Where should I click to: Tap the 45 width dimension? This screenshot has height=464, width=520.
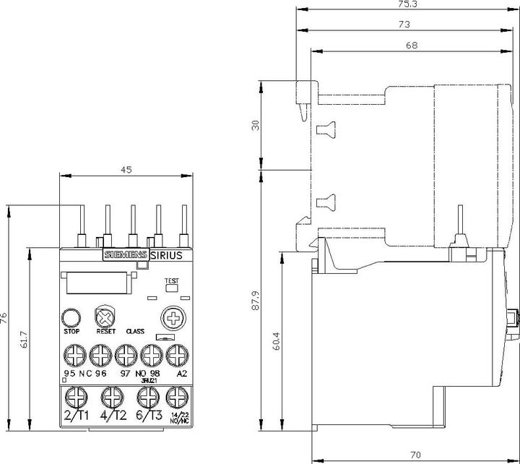[126, 170]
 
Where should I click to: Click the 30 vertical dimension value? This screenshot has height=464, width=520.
[254, 125]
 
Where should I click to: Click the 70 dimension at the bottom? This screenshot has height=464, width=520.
[415, 455]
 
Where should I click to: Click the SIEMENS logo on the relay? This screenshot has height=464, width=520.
[126, 255]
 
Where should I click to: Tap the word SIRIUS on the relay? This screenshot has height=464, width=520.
[167, 255]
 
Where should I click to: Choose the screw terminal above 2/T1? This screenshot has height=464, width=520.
[75, 397]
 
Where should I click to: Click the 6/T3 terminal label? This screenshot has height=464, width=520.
[148, 416]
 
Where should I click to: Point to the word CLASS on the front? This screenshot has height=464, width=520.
[135, 332]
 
